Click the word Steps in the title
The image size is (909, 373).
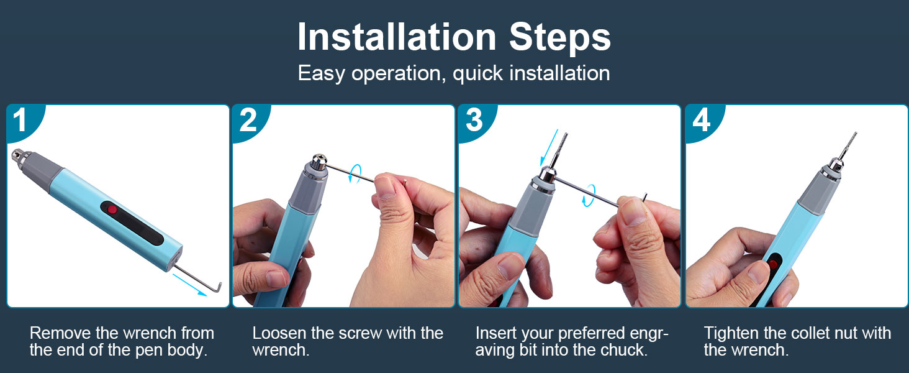click(x=560, y=39)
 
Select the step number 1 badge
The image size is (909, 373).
click(x=20, y=120)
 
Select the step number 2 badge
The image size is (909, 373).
click(x=247, y=120)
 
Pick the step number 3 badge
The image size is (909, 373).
click(x=474, y=120)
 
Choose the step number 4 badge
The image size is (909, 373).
click(x=701, y=120)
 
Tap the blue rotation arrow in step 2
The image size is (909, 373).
click(x=355, y=173)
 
